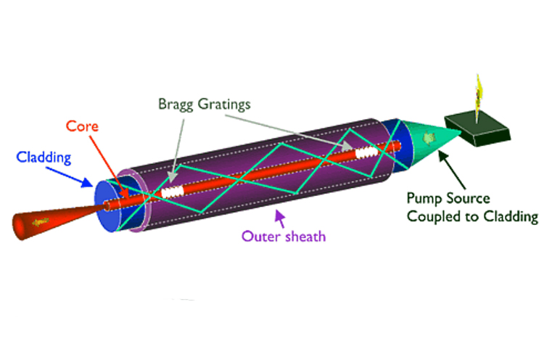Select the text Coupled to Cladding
pyautogui.click(x=472, y=216)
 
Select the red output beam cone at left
pyautogui.click(x=44, y=220)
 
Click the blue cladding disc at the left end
pyautogui.click(x=109, y=205)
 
